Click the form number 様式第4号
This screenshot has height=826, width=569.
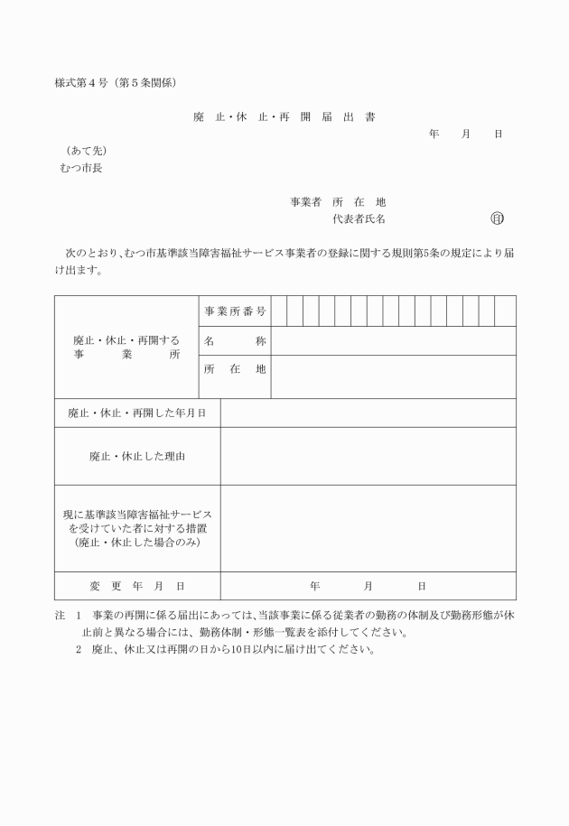point(82,84)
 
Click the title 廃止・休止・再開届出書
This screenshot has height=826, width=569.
point(284,117)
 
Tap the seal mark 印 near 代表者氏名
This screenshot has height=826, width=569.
point(497,218)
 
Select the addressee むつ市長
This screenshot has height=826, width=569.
point(80,168)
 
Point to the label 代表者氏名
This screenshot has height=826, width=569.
point(359,218)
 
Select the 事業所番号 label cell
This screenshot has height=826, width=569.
point(234,311)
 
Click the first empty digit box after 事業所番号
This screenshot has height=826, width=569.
point(279,311)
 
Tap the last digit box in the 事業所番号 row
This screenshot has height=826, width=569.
point(508,311)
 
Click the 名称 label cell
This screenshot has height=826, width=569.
point(234,341)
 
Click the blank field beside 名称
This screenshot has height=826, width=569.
point(393,341)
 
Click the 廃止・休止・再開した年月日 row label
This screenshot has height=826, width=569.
point(137,413)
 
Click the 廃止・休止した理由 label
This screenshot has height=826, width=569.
point(137,456)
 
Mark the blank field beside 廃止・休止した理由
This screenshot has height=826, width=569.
point(368,456)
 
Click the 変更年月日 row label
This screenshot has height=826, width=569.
point(137,586)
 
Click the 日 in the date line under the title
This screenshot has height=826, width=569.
point(498,135)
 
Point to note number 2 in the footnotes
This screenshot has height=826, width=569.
point(79,649)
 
